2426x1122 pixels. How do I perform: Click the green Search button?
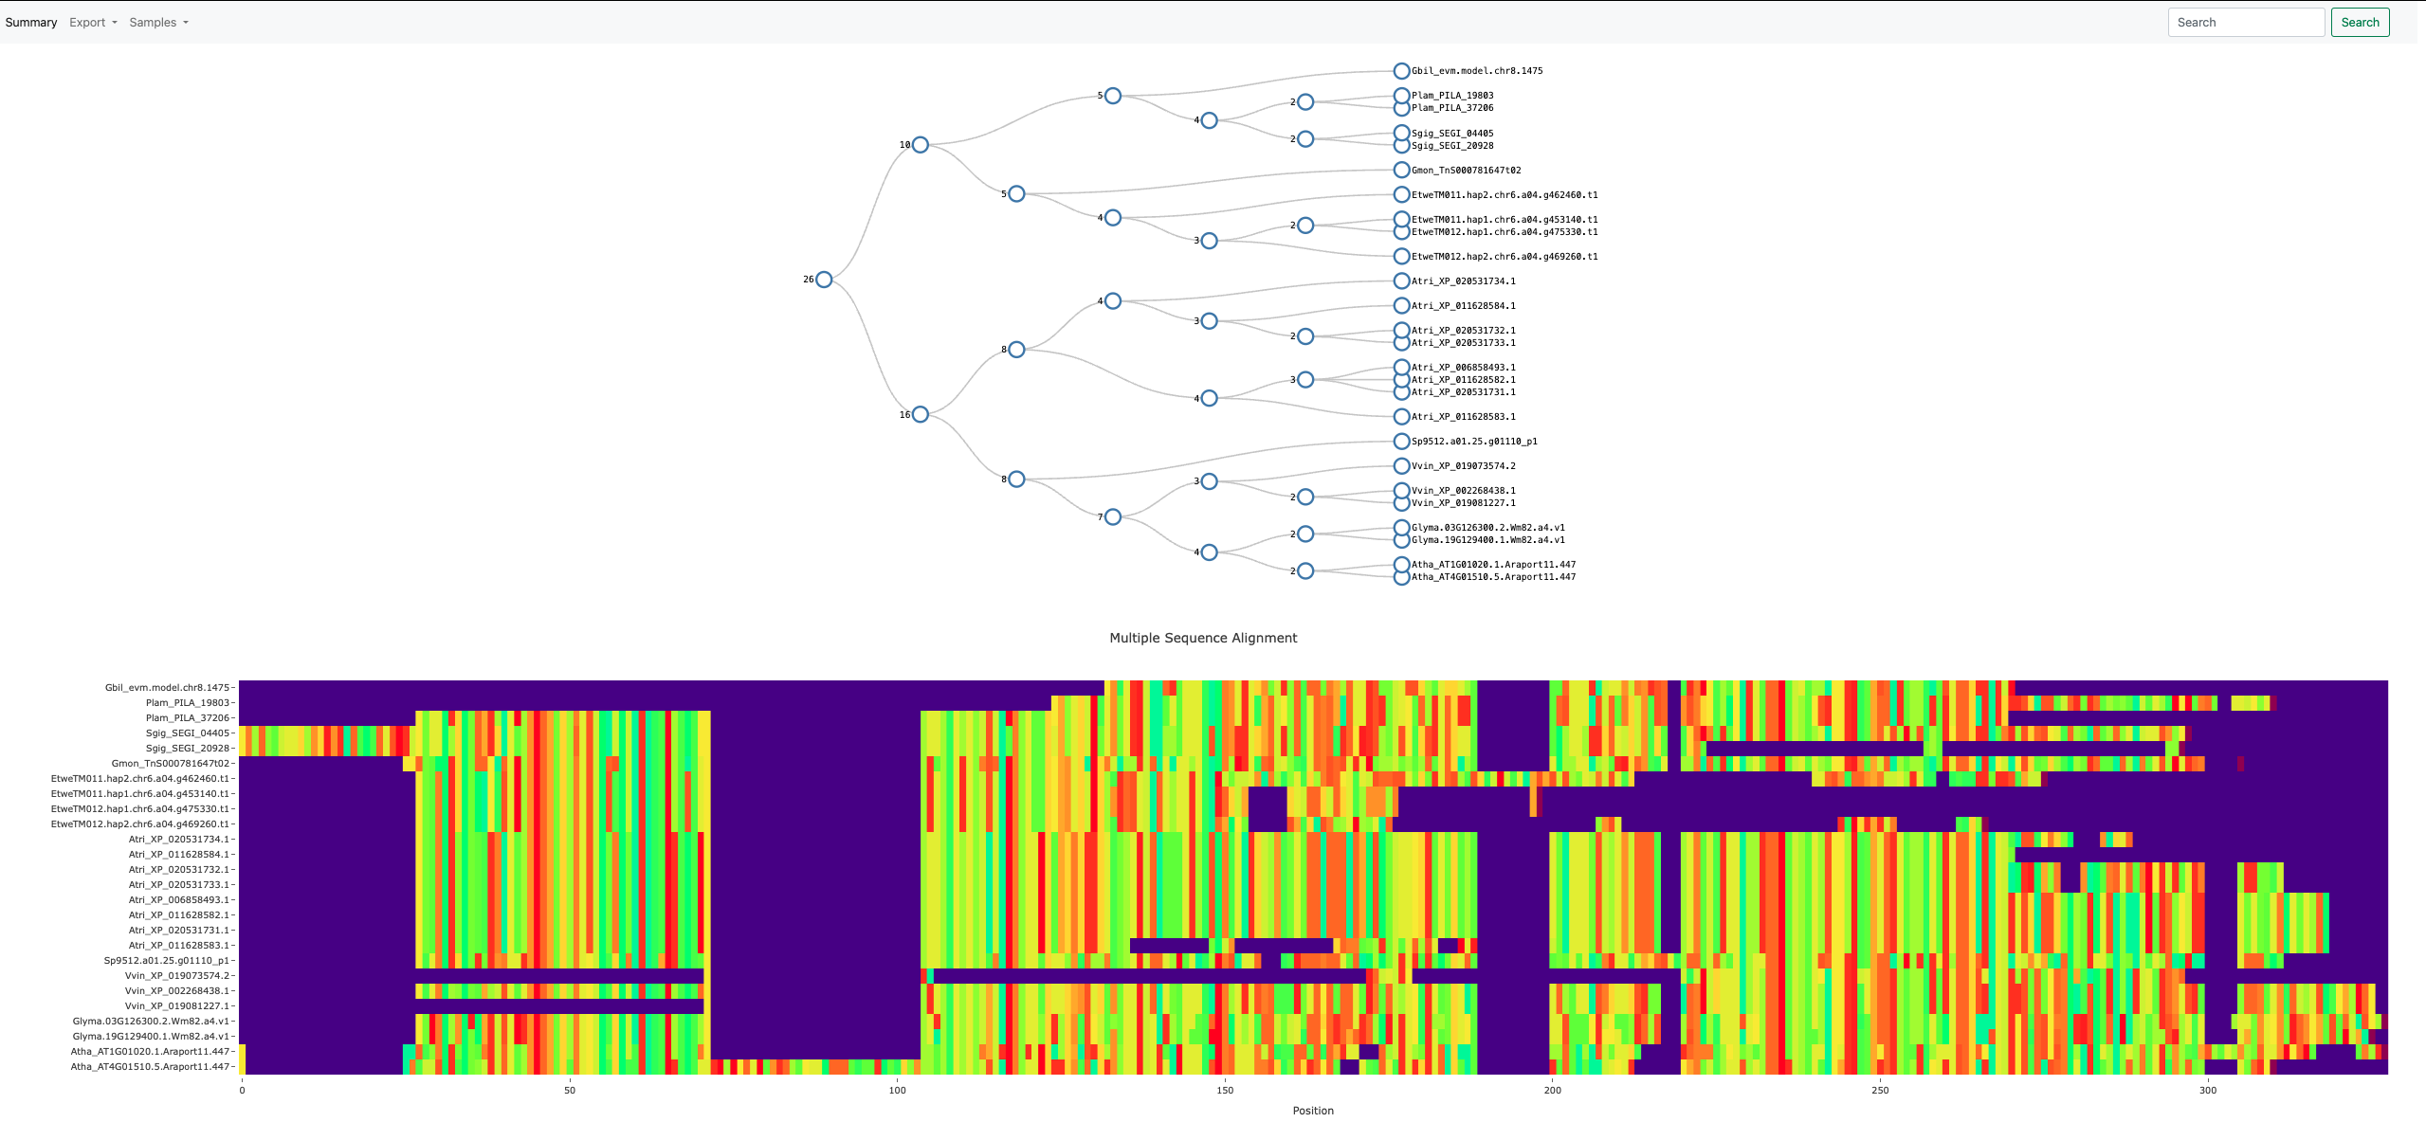tap(2360, 23)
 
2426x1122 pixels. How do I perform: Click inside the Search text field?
tap(2245, 23)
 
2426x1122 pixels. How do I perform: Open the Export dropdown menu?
tap(93, 23)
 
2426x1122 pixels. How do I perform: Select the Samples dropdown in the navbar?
tap(158, 23)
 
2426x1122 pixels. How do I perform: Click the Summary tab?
tap(31, 23)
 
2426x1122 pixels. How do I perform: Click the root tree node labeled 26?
tap(824, 280)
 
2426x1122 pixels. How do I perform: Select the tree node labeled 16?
tap(920, 414)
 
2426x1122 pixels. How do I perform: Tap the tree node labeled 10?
tap(920, 145)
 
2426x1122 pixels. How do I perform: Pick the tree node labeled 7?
tap(1113, 516)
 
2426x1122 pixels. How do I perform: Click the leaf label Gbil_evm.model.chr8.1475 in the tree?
tap(1476, 71)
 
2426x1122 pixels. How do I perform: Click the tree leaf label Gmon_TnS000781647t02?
tap(1466, 171)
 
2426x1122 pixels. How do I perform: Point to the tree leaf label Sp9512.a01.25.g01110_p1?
tap(1474, 442)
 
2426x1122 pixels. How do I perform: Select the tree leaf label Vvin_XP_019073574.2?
tap(1463, 466)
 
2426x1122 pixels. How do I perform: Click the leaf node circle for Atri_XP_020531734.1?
tap(1401, 281)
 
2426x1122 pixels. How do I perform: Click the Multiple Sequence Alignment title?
tap(1203, 638)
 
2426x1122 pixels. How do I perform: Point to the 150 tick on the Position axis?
tap(1225, 1090)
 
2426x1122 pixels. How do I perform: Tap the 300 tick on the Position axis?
tap(2208, 1090)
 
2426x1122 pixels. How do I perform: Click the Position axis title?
tap(1313, 1111)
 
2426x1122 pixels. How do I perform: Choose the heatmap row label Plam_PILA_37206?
tap(188, 718)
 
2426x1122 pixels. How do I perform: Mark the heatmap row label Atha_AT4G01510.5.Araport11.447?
tap(151, 1067)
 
